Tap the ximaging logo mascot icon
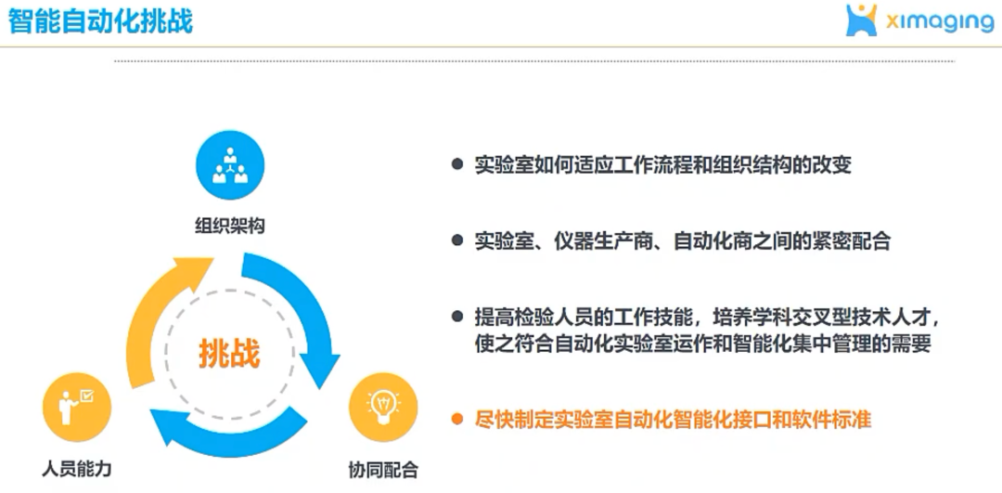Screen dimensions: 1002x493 861,20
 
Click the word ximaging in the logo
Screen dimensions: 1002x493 939,22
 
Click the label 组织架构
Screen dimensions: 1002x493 229,226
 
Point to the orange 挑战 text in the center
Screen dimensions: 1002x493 229,354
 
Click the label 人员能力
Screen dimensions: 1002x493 77,469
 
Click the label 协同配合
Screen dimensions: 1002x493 383,470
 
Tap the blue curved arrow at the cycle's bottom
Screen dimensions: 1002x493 230,433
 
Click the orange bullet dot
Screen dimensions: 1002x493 456,420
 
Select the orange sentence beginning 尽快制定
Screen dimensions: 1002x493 673,420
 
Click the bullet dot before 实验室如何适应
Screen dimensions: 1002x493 456,165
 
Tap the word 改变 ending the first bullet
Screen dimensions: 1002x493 831,165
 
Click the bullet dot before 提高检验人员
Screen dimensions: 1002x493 456,316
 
